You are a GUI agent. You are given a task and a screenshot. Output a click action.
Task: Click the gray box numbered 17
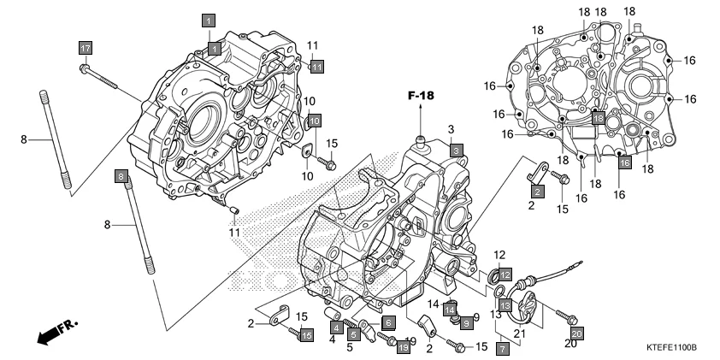(86, 48)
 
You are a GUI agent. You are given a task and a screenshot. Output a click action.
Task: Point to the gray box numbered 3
(457, 150)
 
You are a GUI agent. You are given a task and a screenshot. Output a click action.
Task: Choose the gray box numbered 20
(576, 333)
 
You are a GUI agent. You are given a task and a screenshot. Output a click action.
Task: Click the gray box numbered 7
(503, 349)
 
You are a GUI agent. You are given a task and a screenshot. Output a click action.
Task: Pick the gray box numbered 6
(387, 322)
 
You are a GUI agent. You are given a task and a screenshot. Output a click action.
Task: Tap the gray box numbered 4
(336, 328)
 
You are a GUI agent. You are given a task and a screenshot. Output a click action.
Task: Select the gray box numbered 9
(466, 323)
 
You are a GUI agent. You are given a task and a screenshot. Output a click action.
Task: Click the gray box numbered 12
(505, 274)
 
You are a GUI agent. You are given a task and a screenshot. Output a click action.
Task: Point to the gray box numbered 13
(505, 305)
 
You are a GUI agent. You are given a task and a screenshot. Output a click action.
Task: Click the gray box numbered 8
(122, 177)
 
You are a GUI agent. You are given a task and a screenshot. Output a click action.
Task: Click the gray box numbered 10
(314, 121)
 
